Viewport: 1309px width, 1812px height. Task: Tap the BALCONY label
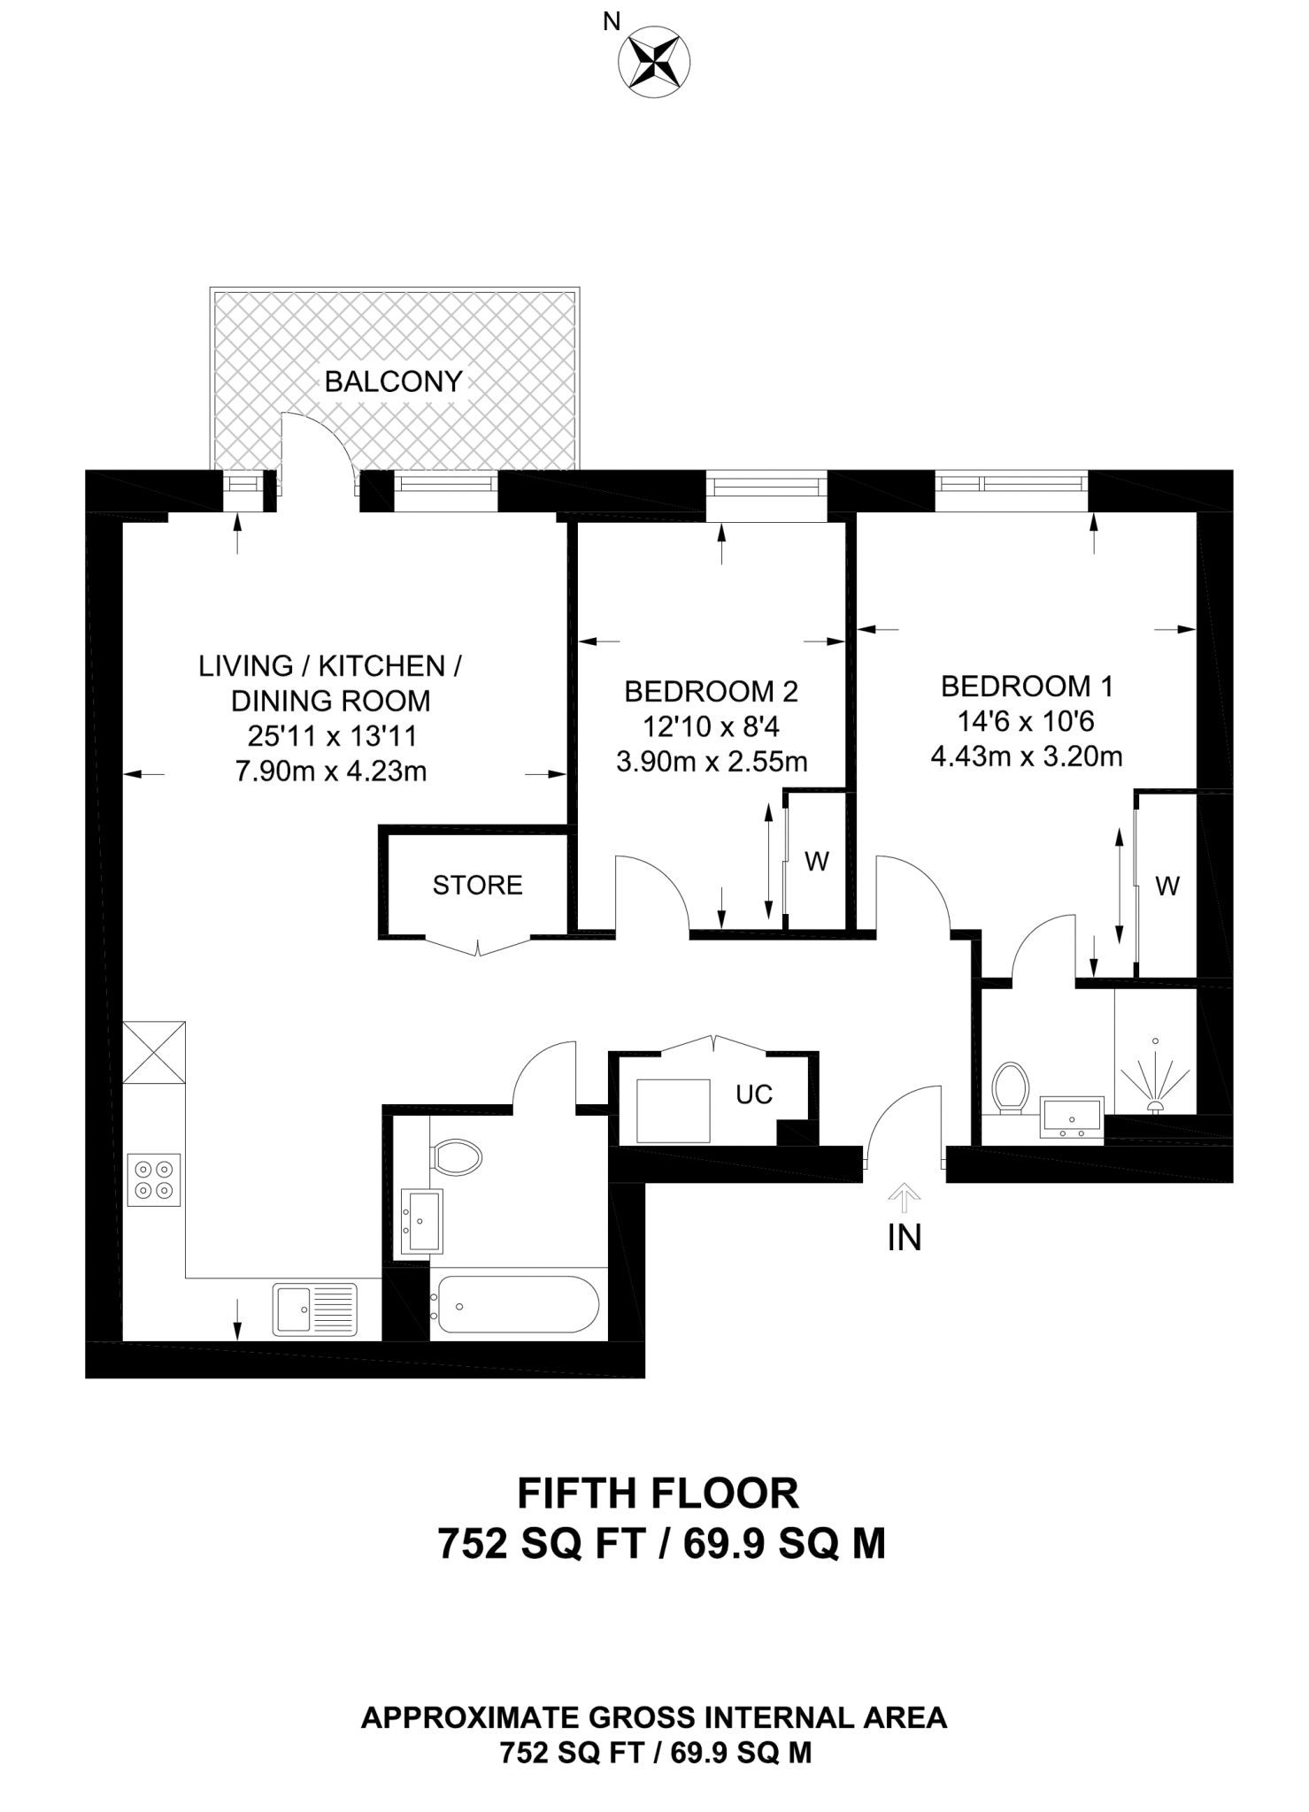coord(394,381)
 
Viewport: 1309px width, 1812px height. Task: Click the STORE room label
coord(477,885)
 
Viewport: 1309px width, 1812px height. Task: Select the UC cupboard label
coord(754,1094)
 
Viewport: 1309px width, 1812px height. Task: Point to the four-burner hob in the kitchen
coord(154,1180)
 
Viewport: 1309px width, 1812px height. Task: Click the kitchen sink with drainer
coord(315,1309)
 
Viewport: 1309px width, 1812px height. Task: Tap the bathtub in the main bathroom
coord(514,1305)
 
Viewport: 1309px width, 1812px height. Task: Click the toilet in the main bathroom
coord(456,1156)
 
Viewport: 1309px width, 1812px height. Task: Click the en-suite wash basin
coord(1072,1117)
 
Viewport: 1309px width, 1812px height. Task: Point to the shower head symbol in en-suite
coord(1155,1082)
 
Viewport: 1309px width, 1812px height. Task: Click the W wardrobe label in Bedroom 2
coord(817,861)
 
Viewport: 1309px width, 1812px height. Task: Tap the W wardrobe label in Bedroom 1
coord(1167,886)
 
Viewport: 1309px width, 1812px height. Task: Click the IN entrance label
coord(904,1238)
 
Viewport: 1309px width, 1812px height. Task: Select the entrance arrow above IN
coord(904,1198)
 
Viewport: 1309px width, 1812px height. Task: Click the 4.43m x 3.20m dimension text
coord(1027,757)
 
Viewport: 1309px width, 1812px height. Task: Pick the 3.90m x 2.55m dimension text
coord(712,761)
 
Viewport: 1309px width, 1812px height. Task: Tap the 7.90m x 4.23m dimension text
coord(330,772)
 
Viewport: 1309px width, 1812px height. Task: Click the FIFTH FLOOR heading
coord(658,1493)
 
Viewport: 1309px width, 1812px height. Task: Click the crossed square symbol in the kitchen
coord(154,1052)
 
